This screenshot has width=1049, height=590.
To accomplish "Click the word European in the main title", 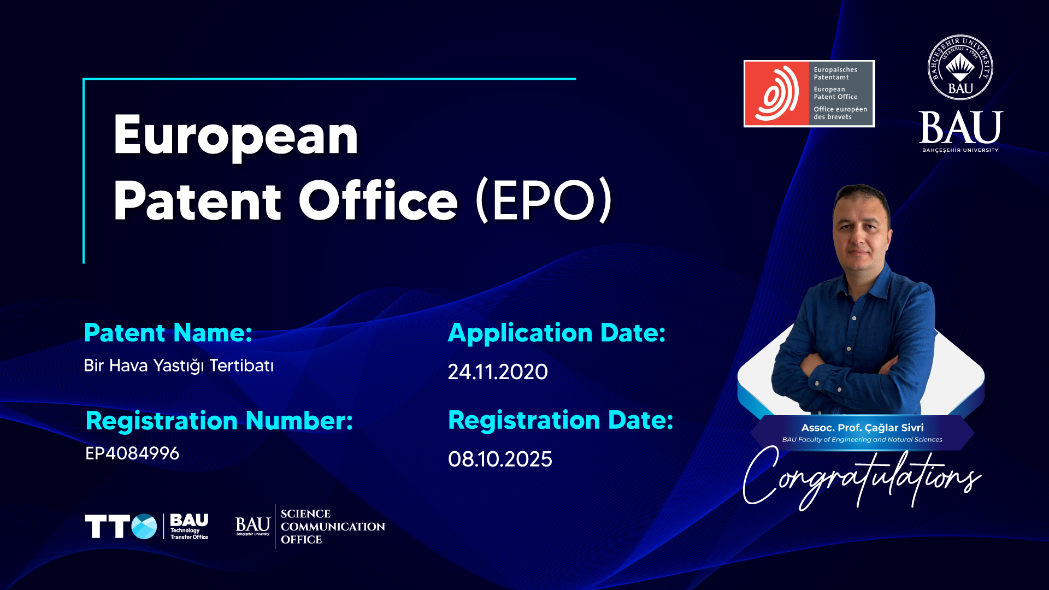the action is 235,137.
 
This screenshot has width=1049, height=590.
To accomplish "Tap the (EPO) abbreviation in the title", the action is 544,200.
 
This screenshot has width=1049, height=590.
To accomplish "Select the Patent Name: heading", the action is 168,333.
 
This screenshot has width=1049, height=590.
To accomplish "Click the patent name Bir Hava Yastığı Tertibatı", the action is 179,366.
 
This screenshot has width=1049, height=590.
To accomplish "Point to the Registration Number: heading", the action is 220,421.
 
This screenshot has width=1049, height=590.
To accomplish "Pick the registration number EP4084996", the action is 132,453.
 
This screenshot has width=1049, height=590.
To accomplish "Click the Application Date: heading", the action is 557,333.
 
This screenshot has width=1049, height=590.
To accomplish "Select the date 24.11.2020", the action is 498,372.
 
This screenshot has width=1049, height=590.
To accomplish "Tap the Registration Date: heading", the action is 561,421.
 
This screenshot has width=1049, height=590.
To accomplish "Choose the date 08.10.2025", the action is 500,459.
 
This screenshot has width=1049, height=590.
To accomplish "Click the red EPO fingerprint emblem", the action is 777,94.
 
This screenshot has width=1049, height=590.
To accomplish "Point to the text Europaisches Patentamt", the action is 835,73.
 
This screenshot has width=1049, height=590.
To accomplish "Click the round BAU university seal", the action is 960,68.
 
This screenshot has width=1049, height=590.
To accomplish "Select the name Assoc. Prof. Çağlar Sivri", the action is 862,428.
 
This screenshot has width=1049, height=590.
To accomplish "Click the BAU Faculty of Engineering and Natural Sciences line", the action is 862,440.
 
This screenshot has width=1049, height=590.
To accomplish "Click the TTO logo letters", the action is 121,527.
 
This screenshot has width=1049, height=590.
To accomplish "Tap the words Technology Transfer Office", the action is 189,534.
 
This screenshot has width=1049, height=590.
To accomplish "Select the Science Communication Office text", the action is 333,527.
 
